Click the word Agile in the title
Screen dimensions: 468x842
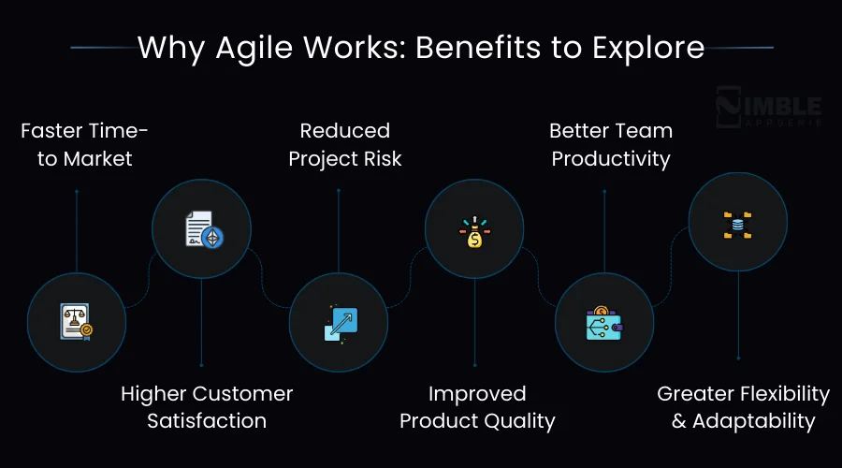pos(246,47)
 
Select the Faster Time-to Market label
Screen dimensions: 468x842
pos(84,144)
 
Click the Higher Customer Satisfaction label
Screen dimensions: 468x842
pos(207,407)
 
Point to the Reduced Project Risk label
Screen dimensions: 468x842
pos(345,144)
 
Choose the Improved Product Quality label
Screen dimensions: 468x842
pos(477,407)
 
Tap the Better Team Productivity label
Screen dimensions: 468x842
pos(611,144)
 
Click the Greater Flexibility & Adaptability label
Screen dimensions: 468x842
pos(743,407)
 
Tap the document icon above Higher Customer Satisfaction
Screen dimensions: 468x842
pos(202,229)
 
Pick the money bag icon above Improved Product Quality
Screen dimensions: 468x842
pos(474,230)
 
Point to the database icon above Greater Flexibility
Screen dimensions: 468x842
pos(737,223)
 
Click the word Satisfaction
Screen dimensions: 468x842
pos(207,421)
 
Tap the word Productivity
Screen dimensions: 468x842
pos(611,159)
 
